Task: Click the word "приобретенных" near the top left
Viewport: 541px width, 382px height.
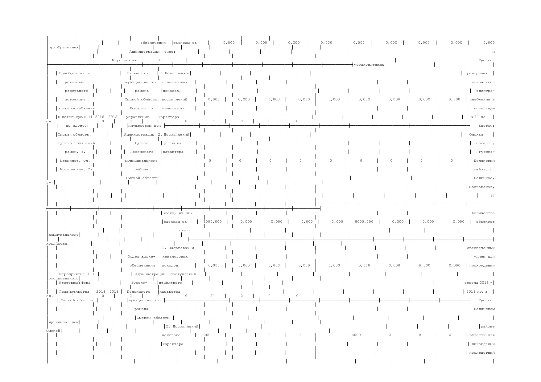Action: pyautogui.click(x=64, y=47)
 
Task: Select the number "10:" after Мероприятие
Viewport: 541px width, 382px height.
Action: pyautogui.click(x=161, y=60)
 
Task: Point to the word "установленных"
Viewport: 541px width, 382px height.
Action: pyautogui.click(x=369, y=65)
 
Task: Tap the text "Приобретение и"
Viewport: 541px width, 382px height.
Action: pyautogui.click(x=75, y=73)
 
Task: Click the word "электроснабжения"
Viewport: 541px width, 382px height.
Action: pyautogui.click(x=76, y=108)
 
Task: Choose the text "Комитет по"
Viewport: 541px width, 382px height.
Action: pyautogui.click(x=141, y=108)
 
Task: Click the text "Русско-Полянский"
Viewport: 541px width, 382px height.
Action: pyautogui.click(x=76, y=143)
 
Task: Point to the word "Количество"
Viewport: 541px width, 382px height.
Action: pyautogui.click(x=483, y=213)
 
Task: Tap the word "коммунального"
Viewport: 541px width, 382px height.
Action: pyautogui.click(x=64, y=235)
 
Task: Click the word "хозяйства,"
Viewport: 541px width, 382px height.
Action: pyautogui.click(x=58, y=244)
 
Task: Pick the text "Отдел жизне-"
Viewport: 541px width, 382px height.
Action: pyautogui.click(x=141, y=257)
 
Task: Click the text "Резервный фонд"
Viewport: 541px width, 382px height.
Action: pyautogui.click(x=75, y=283)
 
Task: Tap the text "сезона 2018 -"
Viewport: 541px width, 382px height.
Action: pyautogui.click(x=479, y=283)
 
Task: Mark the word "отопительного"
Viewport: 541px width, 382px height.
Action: pyautogui.click(x=64, y=278)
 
